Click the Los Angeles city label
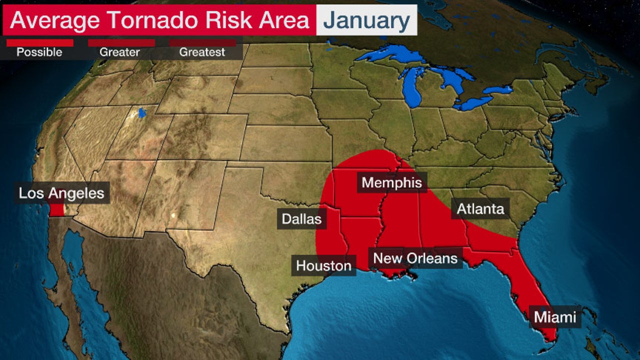click(x=61, y=193)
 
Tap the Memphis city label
click(x=391, y=182)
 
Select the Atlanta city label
click(x=480, y=208)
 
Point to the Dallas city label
click(x=301, y=219)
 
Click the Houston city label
click(x=323, y=265)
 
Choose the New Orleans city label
click(x=415, y=258)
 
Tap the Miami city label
click(x=554, y=317)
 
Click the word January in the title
click(x=366, y=20)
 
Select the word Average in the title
click(x=55, y=20)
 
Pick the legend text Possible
click(x=39, y=52)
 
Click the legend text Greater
click(x=120, y=52)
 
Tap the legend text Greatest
click(x=202, y=52)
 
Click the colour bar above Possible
click(x=39, y=43)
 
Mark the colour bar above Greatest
click(x=202, y=43)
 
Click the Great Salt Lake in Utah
click(x=141, y=112)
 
